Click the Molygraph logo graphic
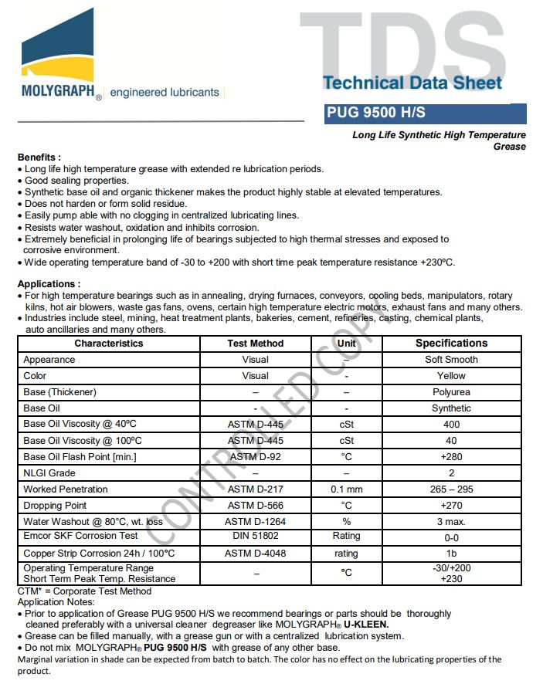(x=57, y=50)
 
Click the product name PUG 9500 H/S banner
(x=375, y=113)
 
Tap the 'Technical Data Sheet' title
(x=412, y=83)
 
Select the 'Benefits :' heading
(x=39, y=157)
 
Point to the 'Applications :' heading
(x=49, y=284)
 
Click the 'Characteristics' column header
(x=109, y=344)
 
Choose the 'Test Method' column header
(x=256, y=344)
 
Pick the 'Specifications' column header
(x=451, y=344)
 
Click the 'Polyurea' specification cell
(x=451, y=392)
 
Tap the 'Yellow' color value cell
(x=451, y=376)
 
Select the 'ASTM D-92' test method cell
(x=256, y=457)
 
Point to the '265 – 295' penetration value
(x=451, y=489)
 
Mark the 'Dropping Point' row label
(x=55, y=506)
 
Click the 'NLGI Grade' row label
(x=49, y=473)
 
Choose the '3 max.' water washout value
(x=451, y=522)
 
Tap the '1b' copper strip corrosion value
(x=451, y=554)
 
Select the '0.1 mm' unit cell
(x=346, y=489)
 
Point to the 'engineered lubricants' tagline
(x=165, y=93)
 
